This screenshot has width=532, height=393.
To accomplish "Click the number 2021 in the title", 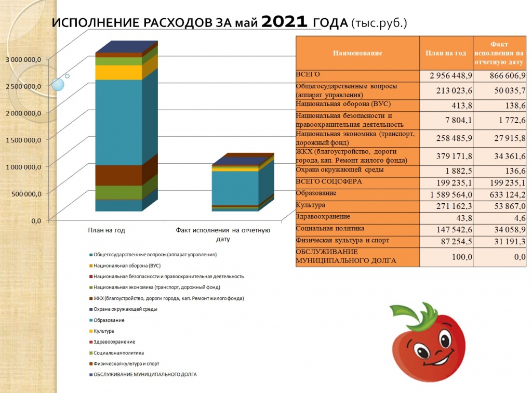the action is click(284, 22).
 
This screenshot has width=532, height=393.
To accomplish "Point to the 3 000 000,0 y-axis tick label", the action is click(23, 59).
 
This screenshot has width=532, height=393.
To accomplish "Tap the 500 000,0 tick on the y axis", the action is click(26, 194).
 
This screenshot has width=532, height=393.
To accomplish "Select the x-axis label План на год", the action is click(107, 230).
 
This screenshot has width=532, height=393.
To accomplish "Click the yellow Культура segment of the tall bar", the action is click(119, 72).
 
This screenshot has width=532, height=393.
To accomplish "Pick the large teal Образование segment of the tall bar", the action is click(119, 123).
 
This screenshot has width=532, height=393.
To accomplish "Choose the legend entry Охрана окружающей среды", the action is click(123, 309).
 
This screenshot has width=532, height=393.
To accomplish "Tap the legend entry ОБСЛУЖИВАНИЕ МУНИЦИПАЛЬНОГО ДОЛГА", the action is click(143, 374).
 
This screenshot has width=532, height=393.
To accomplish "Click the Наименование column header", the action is click(357, 53).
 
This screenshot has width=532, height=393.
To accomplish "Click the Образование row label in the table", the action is click(316, 193).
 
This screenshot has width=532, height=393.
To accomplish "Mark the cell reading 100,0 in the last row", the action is click(462, 257).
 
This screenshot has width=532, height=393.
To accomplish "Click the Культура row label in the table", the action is click(311, 205).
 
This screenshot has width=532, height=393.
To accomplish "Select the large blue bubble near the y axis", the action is click(58, 85).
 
